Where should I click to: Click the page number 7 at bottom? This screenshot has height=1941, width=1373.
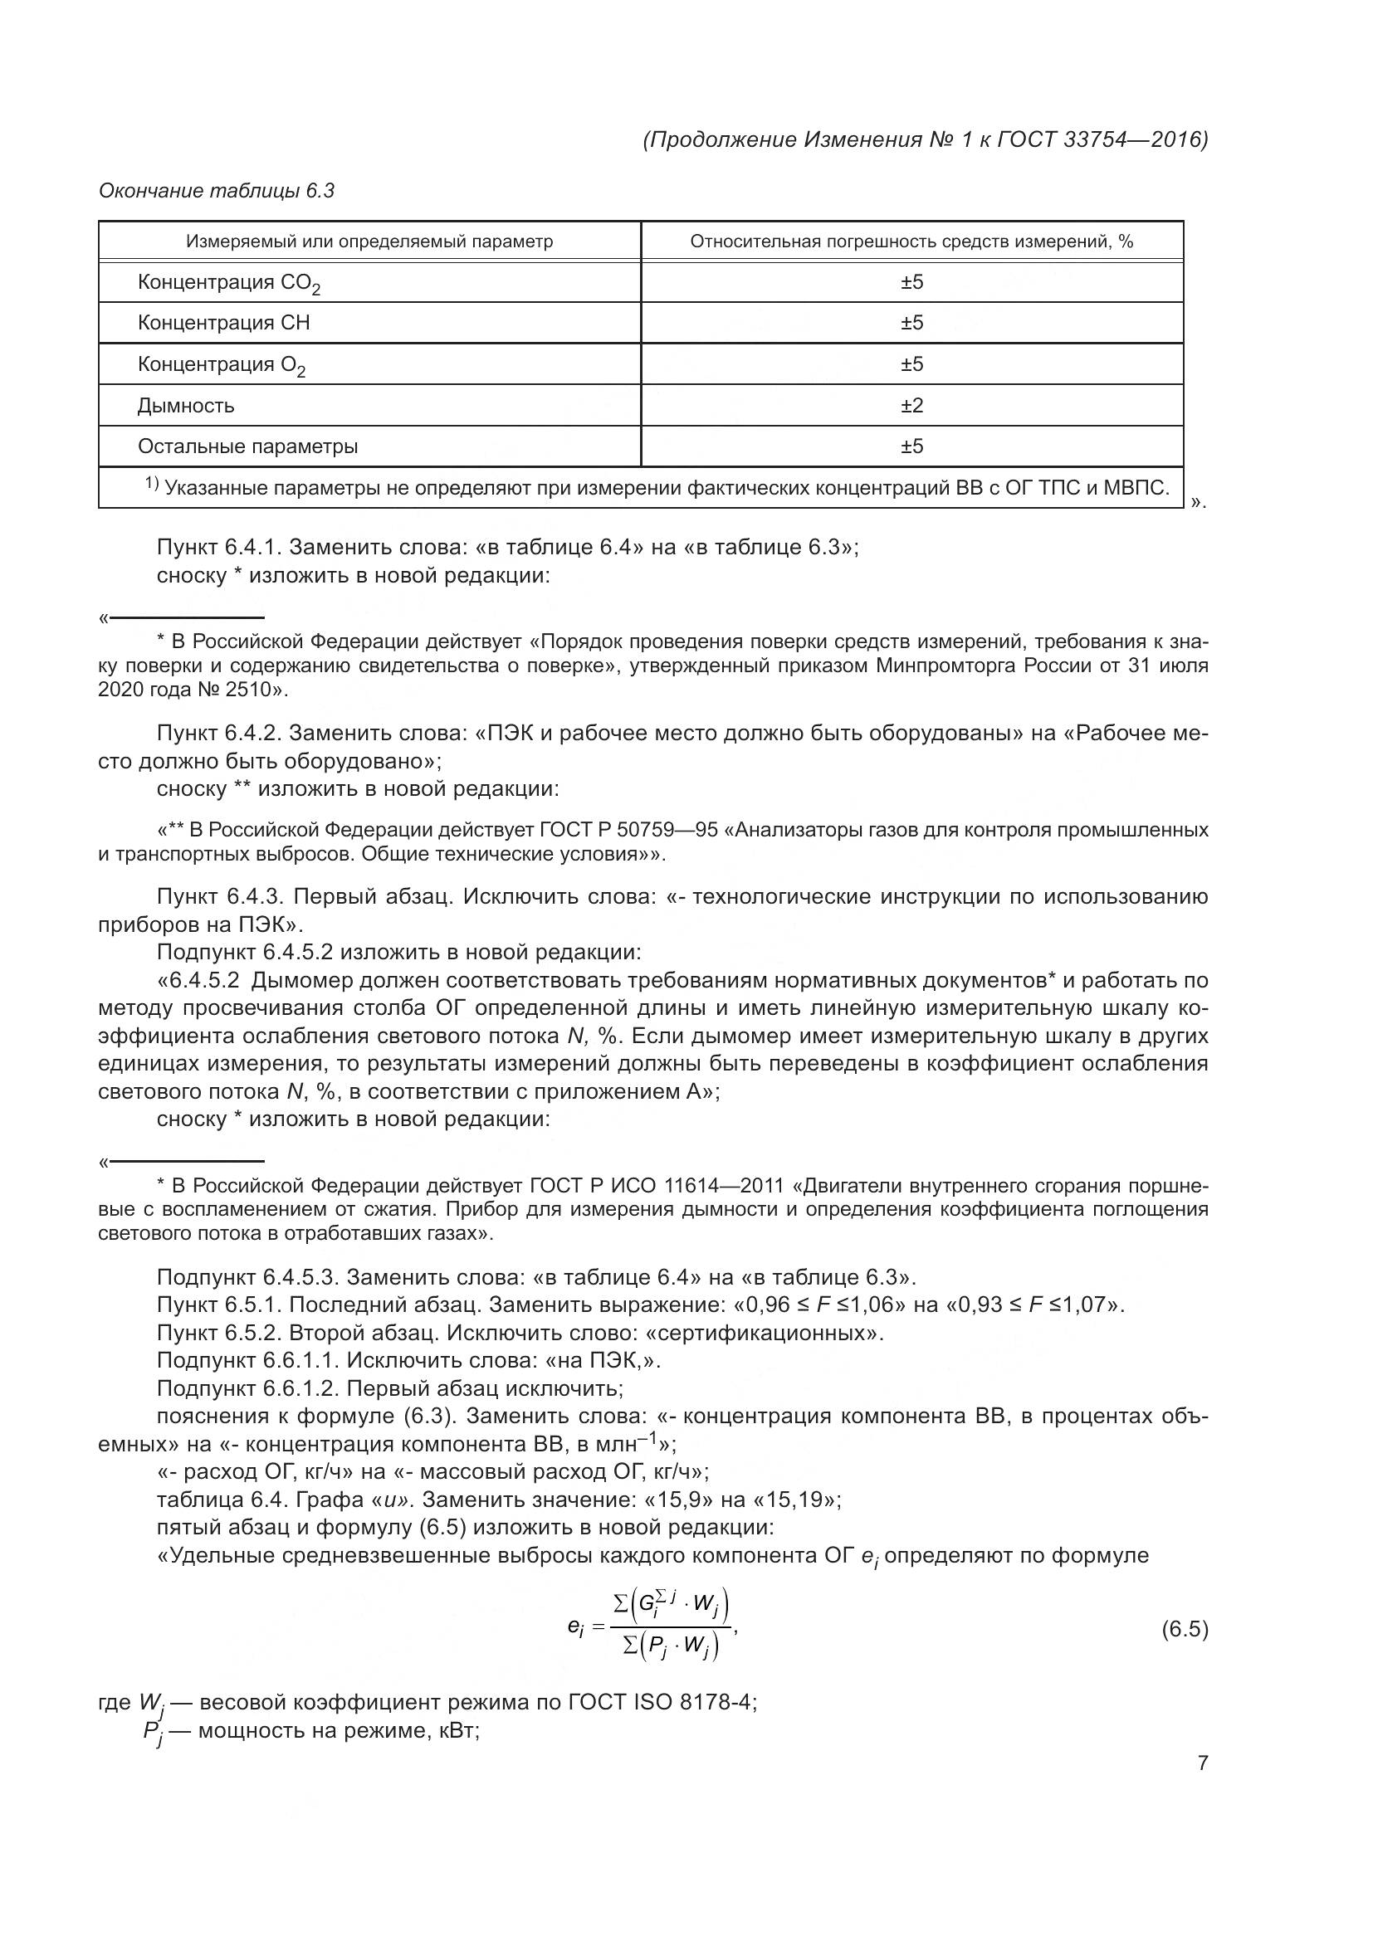(x=1202, y=1763)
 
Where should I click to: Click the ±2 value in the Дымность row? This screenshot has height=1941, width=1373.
(x=911, y=406)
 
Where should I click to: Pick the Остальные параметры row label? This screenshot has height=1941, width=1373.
(x=247, y=446)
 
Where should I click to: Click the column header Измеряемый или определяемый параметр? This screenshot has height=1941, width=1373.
(x=369, y=241)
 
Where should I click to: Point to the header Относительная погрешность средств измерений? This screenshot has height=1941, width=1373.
(x=911, y=241)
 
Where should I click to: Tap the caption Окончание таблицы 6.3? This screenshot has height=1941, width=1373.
(x=217, y=191)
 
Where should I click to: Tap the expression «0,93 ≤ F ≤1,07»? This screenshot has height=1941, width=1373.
(x=1035, y=1305)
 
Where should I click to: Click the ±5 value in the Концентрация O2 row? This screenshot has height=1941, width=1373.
(x=911, y=364)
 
